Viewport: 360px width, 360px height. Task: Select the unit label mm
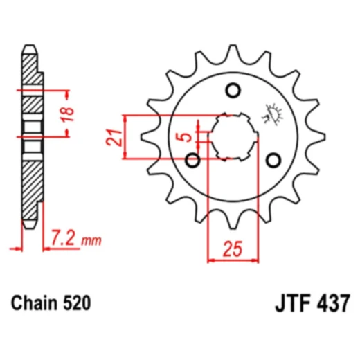coord(91,242)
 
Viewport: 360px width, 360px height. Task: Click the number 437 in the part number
coord(333,304)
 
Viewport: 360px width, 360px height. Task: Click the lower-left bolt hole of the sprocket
coord(193,161)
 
